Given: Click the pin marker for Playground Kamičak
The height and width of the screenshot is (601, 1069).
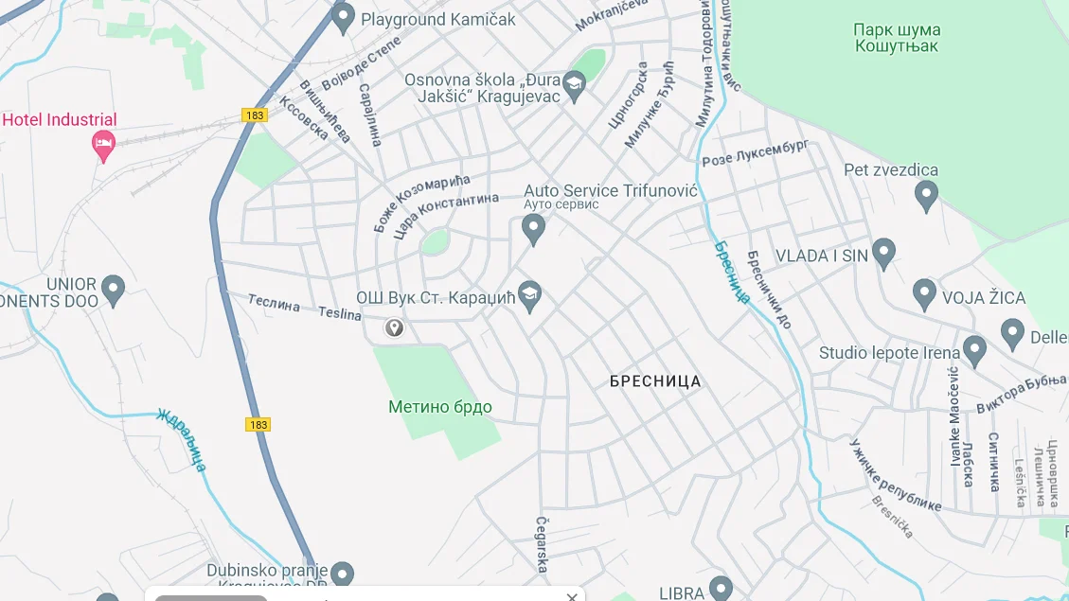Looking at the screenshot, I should (344, 16).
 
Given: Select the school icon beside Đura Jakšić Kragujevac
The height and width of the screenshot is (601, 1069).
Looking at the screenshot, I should (574, 85).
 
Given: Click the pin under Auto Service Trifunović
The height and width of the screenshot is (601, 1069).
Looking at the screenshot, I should (534, 227).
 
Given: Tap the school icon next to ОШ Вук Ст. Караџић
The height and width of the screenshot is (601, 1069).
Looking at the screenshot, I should (530, 295).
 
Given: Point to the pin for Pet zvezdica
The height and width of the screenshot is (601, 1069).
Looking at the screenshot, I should (926, 195).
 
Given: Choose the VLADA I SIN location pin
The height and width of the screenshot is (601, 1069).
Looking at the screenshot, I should (883, 253).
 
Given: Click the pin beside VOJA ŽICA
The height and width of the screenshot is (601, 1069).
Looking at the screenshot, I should (924, 293).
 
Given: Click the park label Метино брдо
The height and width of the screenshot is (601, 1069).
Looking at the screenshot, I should (440, 407).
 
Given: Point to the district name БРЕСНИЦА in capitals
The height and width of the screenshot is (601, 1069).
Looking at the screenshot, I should (655, 381).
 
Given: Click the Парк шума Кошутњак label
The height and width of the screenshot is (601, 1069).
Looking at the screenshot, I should (897, 38).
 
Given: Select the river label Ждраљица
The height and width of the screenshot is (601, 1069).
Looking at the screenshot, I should (182, 440).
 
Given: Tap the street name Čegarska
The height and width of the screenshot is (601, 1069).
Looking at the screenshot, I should (543, 544).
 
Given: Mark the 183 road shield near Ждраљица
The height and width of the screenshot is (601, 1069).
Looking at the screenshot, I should (258, 424).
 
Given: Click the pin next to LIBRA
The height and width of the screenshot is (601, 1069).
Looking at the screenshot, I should (722, 588).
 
